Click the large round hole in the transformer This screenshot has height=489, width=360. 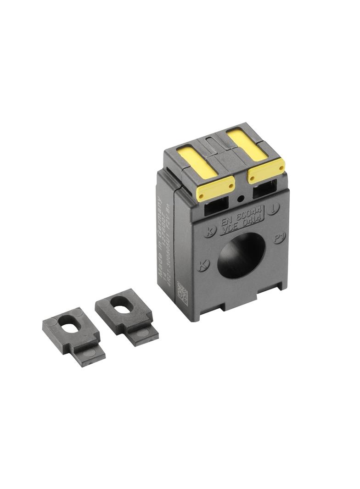point(241,255)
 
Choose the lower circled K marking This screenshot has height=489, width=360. point(203,265)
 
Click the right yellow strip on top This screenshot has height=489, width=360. point(247,144)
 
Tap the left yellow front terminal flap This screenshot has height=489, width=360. point(215,188)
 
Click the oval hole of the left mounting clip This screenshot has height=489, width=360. point(71,327)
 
